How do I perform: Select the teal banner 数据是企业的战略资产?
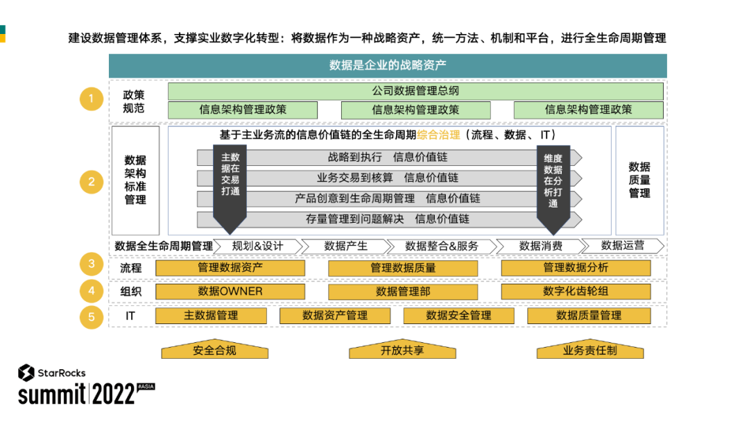tap(388, 66)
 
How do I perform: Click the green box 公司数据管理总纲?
tap(415, 91)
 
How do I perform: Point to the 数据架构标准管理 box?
tap(135, 180)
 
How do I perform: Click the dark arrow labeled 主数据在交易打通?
tap(230, 184)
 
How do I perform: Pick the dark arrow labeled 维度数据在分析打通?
tap(553, 184)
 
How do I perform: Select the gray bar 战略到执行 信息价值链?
tap(388, 158)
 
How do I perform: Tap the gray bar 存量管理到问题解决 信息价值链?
tap(388, 219)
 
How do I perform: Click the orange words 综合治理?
tap(438, 135)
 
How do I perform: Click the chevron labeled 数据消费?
tap(540, 246)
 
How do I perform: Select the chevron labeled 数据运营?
tap(622, 246)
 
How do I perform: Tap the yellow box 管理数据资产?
tap(230, 268)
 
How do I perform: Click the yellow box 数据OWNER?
tap(230, 292)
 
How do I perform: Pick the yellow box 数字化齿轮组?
tap(576, 292)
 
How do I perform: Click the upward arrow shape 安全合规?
tap(214, 350)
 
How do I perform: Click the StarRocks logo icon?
tap(26, 373)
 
